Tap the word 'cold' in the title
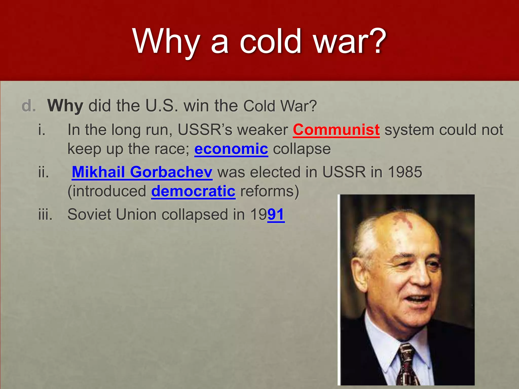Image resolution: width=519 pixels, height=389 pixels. click(271, 41)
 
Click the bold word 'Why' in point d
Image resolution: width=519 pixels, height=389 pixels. click(65, 106)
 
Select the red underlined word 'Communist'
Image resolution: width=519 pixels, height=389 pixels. click(336, 130)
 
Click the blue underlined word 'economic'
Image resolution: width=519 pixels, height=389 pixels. click(231, 149)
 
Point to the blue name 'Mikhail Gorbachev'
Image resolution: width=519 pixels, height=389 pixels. click(142, 172)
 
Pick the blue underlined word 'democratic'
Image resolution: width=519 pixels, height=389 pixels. click(193, 191)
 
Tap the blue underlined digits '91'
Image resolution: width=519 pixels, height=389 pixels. click(276, 215)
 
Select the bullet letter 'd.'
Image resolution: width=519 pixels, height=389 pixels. click(29, 106)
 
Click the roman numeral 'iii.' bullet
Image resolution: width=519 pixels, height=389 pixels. click(45, 215)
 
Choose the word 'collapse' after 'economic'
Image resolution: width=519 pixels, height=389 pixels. click(302, 149)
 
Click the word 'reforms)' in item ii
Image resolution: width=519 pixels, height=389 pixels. click(270, 191)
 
